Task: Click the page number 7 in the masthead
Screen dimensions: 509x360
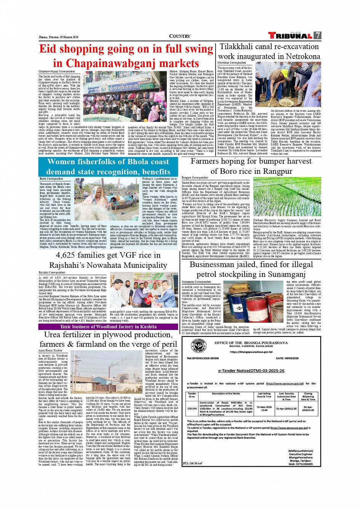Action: click(x=317, y=35)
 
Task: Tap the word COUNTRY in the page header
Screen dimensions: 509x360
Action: click(x=179, y=36)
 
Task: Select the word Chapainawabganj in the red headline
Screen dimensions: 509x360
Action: click(x=91, y=63)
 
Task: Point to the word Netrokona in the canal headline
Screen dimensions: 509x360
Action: click(x=302, y=56)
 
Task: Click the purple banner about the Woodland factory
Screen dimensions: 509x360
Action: click(x=108, y=327)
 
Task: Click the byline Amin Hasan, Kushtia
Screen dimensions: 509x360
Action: click(x=50, y=351)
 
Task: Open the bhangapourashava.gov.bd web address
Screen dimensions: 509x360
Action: click(x=251, y=352)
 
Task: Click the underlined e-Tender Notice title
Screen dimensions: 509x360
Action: click(x=251, y=370)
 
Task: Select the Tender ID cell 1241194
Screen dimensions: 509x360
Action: click(x=192, y=408)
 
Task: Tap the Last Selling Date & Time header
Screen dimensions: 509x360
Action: click(x=264, y=395)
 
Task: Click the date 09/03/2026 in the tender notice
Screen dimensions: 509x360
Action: click(x=287, y=358)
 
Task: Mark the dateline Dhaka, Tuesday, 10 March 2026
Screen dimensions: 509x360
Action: click(x=59, y=37)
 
